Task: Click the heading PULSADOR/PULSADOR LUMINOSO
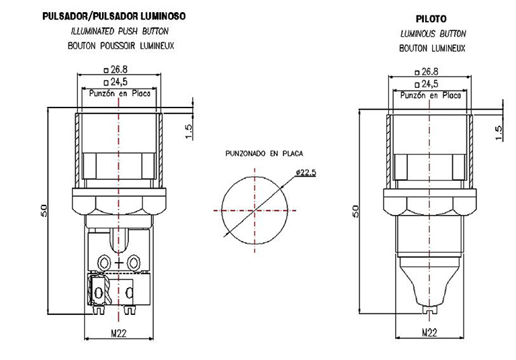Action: pyautogui.click(x=114, y=16)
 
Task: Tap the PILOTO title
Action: pyautogui.click(x=431, y=19)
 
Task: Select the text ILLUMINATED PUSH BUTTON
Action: pyautogui.click(x=120, y=32)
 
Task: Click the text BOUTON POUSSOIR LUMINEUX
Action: pyautogui.click(x=121, y=46)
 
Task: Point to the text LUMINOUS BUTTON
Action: pyautogui.click(x=433, y=34)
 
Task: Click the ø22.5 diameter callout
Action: pyautogui.click(x=306, y=172)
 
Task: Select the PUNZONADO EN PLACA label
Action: pyautogui.click(x=264, y=153)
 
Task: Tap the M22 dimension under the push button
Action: pyautogui.click(x=119, y=333)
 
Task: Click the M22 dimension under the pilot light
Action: pyautogui.click(x=429, y=332)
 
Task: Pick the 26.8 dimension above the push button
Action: pyautogui.click(x=116, y=69)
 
